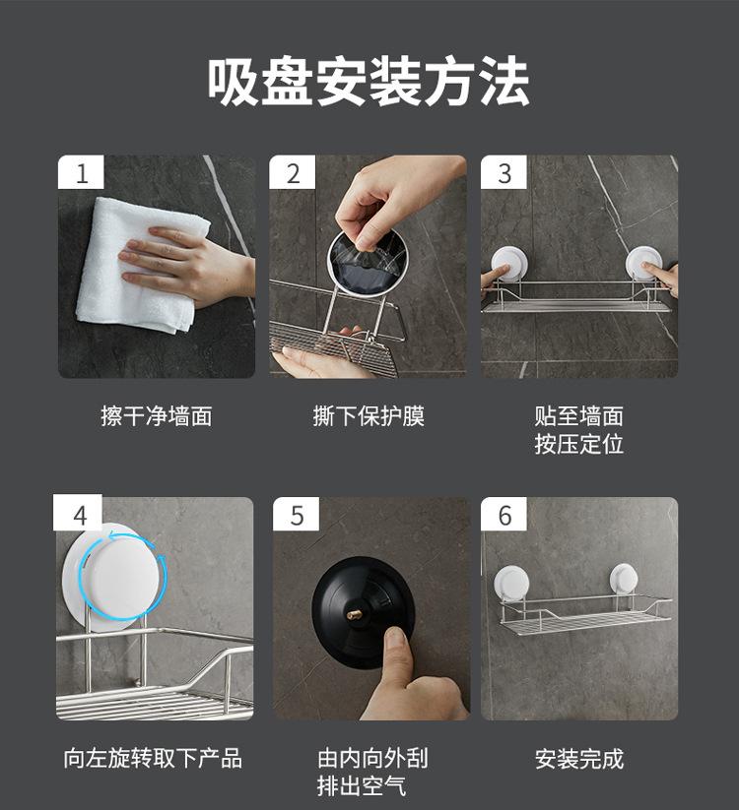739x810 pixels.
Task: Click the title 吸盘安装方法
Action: pyautogui.click(x=369, y=83)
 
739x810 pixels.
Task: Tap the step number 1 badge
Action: pyautogui.click(x=81, y=172)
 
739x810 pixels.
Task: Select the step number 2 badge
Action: pyautogui.click(x=293, y=172)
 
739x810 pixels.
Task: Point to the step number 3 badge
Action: pyautogui.click(x=504, y=172)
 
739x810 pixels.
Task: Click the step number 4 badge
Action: pyautogui.click(x=78, y=513)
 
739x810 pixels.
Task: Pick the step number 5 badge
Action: pyautogui.click(x=297, y=515)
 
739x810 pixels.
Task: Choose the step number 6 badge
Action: pyautogui.click(x=504, y=515)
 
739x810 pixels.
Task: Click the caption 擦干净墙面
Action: pyautogui.click(x=157, y=416)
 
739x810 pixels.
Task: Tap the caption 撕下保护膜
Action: pyautogui.click(x=369, y=416)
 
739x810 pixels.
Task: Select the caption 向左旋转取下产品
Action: pyautogui.click(x=153, y=759)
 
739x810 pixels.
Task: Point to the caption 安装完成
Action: pyautogui.click(x=579, y=759)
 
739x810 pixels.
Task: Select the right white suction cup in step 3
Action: pyautogui.click(x=641, y=265)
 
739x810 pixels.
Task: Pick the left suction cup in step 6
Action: pyautogui.click(x=507, y=583)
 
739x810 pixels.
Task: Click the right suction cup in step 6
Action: pyautogui.click(x=623, y=579)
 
